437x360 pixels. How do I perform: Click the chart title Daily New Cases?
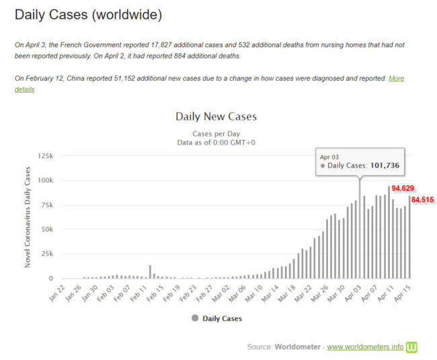(216, 116)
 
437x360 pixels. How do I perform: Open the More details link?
(395, 79)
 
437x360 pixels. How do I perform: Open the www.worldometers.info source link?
(365, 347)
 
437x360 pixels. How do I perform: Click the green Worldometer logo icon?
(412, 347)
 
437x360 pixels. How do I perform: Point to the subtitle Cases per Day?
(216, 133)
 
